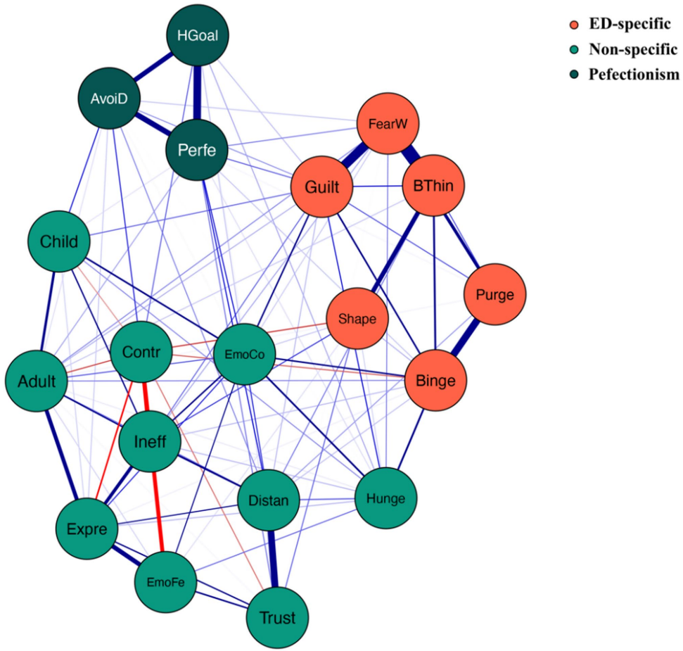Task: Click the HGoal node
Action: [x=198, y=35]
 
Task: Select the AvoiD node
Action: [x=108, y=98]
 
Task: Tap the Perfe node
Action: [x=197, y=148]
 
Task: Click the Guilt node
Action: [x=321, y=187]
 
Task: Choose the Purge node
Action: [x=494, y=294]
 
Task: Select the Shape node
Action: [x=357, y=318]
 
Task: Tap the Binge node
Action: [x=435, y=381]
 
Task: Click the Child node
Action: [x=60, y=241]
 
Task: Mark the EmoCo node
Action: [x=245, y=354]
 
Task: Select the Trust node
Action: [x=278, y=617]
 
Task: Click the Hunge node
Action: [x=386, y=498]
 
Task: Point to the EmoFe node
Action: [x=165, y=581]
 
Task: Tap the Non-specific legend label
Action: [x=634, y=49]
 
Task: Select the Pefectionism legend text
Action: [x=634, y=74]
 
